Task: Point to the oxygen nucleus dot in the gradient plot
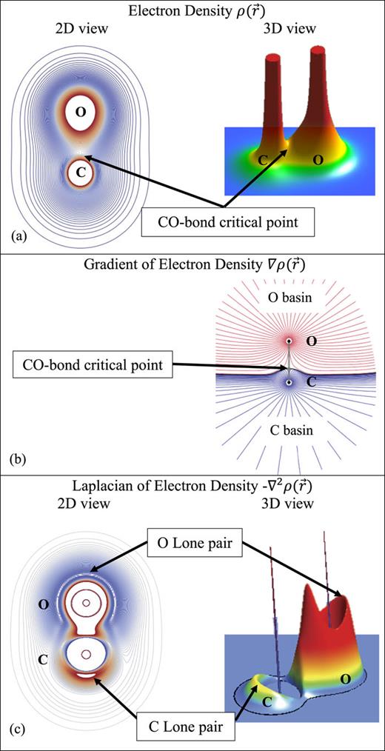(x=289, y=341)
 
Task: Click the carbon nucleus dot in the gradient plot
(x=289, y=382)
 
